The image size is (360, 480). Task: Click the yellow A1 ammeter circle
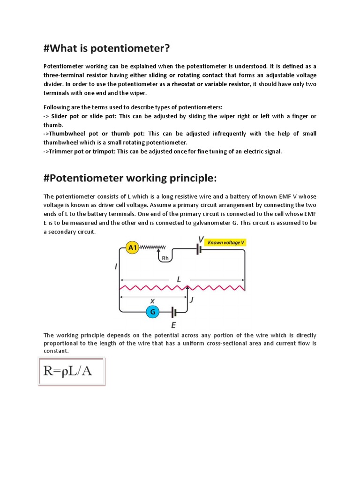[133, 248]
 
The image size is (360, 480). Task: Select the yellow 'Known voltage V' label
[226, 243]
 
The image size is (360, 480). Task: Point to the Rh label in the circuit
[165, 258]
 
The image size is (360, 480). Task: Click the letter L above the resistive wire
[179, 279]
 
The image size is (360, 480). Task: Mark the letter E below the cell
[174, 324]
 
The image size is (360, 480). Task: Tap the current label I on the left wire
[116, 267]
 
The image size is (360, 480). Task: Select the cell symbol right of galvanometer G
[174, 312]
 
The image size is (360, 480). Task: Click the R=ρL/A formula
[71, 372]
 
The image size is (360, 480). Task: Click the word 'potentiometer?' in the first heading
[128, 48]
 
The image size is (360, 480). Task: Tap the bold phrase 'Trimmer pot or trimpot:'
[81, 151]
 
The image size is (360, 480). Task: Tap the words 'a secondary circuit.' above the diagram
[69, 232]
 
